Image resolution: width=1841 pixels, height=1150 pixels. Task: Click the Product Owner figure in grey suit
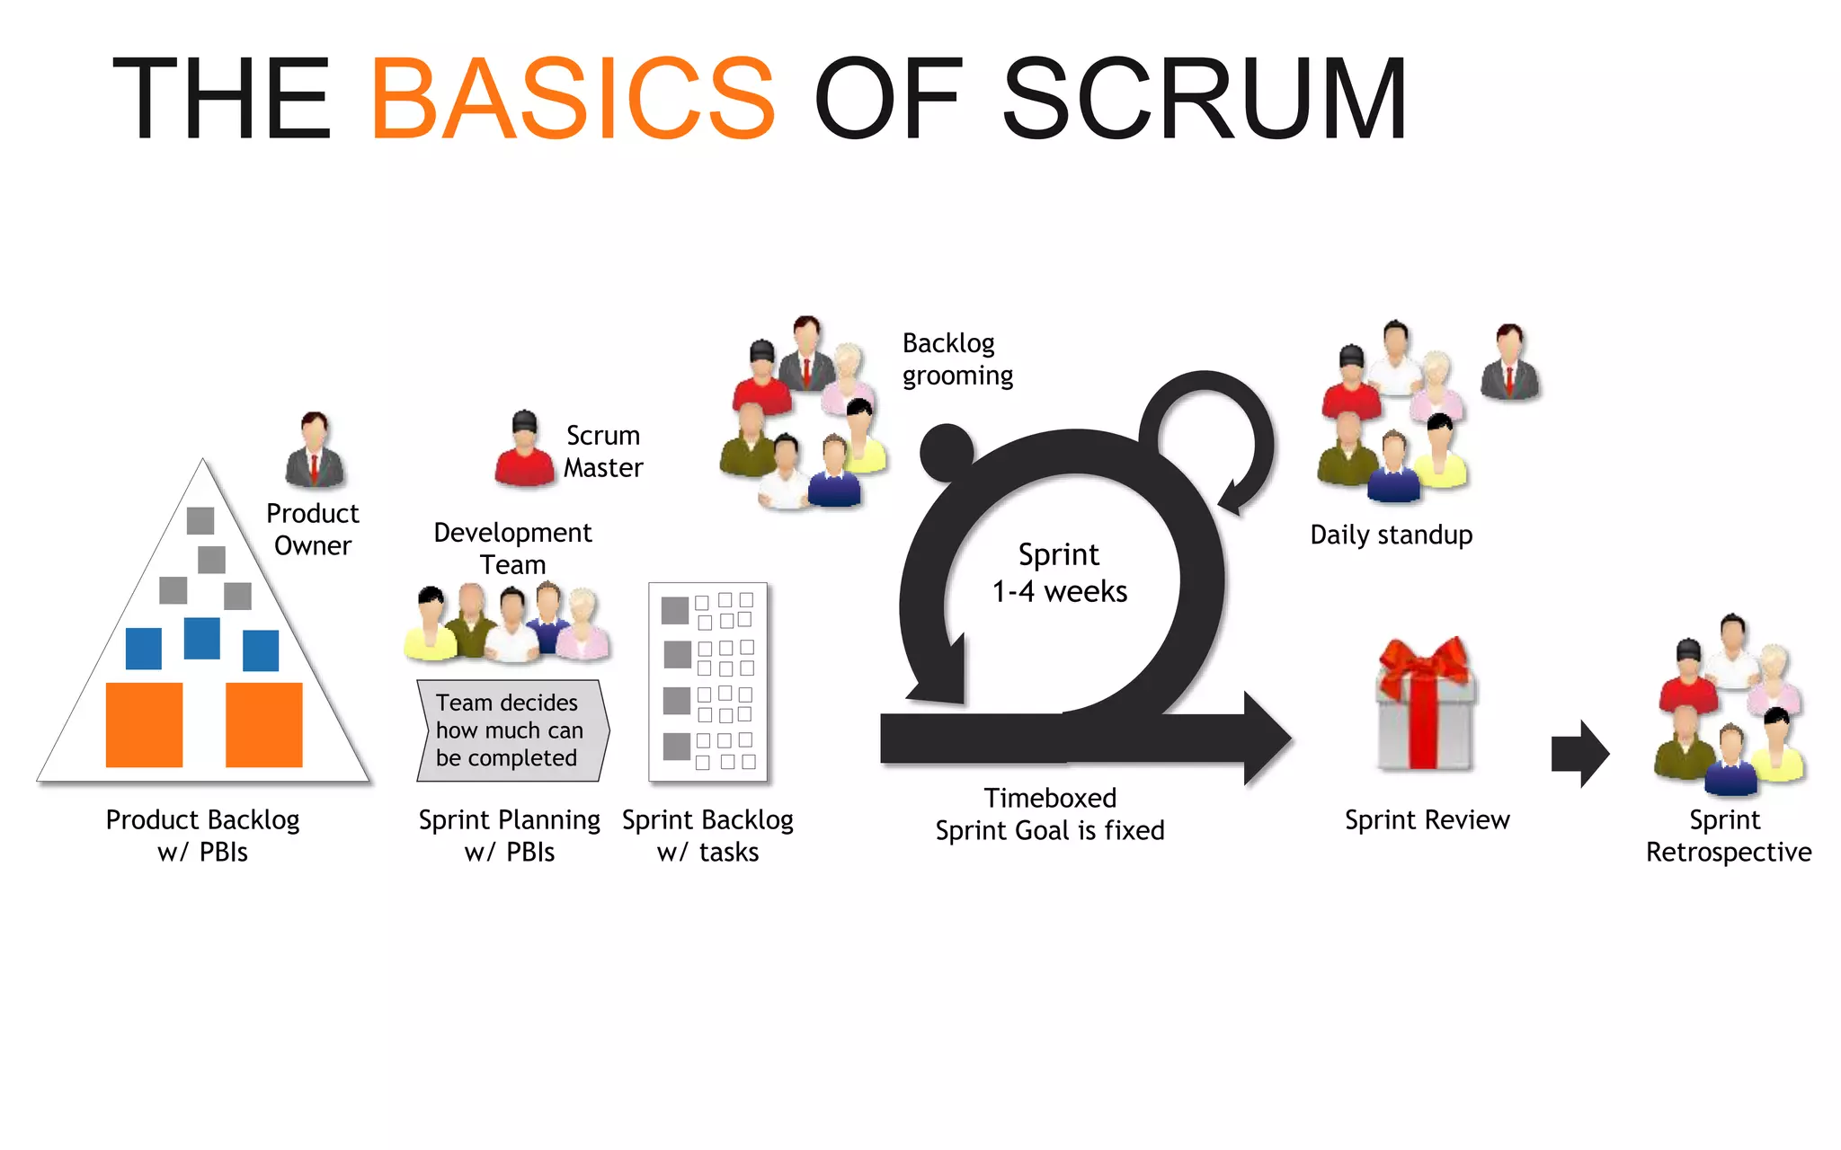(314, 451)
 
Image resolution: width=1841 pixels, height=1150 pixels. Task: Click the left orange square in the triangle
(144, 724)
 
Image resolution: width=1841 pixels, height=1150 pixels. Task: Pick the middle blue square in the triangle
(201, 638)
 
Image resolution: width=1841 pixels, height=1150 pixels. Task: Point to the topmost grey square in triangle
(200, 520)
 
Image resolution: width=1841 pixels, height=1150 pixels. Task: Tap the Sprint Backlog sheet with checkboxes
(708, 682)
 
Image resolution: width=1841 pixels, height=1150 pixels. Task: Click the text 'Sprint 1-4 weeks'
(1059, 573)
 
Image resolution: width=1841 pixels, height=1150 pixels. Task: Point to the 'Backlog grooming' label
(956, 359)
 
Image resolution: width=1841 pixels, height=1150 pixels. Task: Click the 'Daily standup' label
(1391, 535)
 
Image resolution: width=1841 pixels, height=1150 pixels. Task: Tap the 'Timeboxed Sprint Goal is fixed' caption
(1049, 814)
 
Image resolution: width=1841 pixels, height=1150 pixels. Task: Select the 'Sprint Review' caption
(1427, 819)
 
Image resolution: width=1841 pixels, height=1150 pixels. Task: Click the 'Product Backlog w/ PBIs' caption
(202, 836)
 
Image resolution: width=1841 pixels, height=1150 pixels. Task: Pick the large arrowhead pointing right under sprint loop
(1266, 739)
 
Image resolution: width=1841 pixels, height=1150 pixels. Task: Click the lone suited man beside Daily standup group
(1509, 363)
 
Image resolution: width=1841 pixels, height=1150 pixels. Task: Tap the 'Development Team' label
(512, 548)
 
